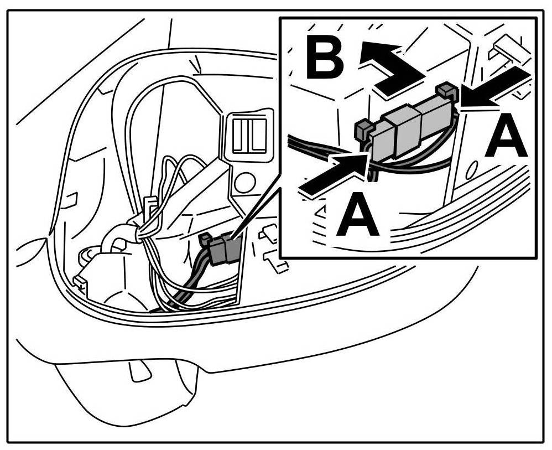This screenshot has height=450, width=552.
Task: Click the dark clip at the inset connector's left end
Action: (x=363, y=128)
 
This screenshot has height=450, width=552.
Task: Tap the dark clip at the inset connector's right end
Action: (x=446, y=90)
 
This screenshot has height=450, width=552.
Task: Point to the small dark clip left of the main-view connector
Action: (x=204, y=239)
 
